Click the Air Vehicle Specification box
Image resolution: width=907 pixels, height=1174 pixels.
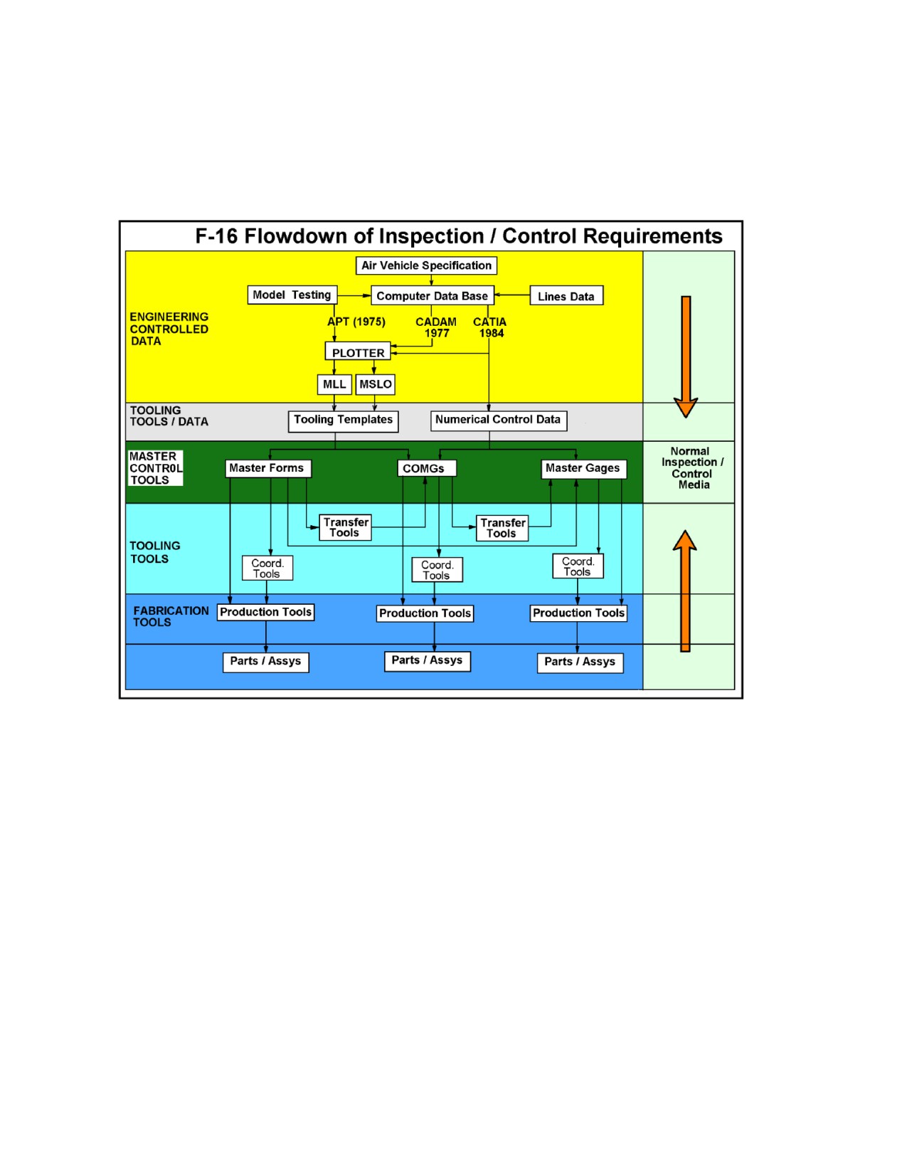tap(426, 265)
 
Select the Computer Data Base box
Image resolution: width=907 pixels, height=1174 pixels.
tap(433, 295)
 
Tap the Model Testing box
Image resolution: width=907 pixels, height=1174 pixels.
tap(292, 295)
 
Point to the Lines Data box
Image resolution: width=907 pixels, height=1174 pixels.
tap(566, 295)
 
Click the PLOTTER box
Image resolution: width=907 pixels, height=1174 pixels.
tap(358, 351)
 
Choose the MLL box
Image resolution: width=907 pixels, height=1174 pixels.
tap(334, 384)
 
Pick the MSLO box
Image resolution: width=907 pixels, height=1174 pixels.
tap(376, 384)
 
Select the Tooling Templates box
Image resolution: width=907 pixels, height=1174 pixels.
tap(343, 421)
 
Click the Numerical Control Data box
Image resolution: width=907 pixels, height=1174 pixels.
tap(499, 421)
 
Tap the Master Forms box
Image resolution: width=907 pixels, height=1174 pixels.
tap(268, 468)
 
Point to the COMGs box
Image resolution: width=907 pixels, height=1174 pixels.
tap(427, 468)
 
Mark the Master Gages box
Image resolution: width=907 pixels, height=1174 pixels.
tap(584, 468)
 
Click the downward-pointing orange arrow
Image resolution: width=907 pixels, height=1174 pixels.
tap(686, 356)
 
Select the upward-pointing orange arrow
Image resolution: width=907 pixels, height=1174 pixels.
tap(685, 591)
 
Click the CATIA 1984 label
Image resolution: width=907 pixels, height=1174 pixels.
tap(490, 327)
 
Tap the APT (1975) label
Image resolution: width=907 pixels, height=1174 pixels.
tap(356, 322)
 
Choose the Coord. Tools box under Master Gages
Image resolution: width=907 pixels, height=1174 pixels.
tap(578, 566)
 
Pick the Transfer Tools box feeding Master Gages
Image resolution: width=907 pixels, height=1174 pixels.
tap(502, 528)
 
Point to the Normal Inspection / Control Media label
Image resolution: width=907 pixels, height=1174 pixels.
tap(692, 468)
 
